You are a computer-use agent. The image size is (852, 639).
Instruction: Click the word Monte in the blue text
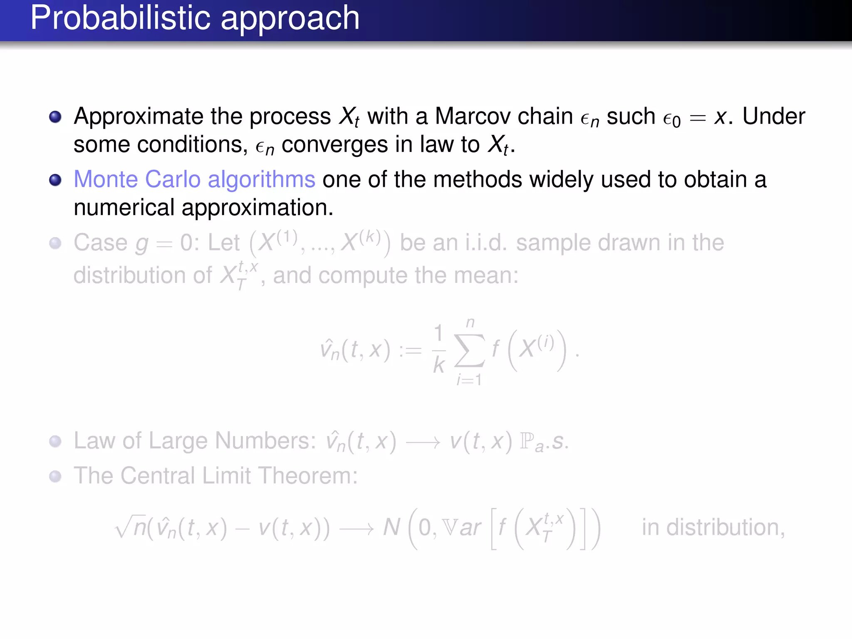(106, 179)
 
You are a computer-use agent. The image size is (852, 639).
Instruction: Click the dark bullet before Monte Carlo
(55, 180)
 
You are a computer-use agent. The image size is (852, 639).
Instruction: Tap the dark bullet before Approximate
(55, 117)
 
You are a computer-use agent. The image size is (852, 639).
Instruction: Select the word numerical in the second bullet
(124, 208)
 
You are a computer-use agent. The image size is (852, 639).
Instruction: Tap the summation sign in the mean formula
(469, 350)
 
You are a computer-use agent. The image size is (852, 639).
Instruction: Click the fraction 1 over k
(439, 350)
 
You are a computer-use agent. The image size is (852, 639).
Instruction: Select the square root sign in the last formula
(124, 527)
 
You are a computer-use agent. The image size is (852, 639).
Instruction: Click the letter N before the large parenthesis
(391, 527)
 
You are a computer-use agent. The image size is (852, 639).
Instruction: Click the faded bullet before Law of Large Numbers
(55, 441)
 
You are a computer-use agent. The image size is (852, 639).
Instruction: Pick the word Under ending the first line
(774, 116)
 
